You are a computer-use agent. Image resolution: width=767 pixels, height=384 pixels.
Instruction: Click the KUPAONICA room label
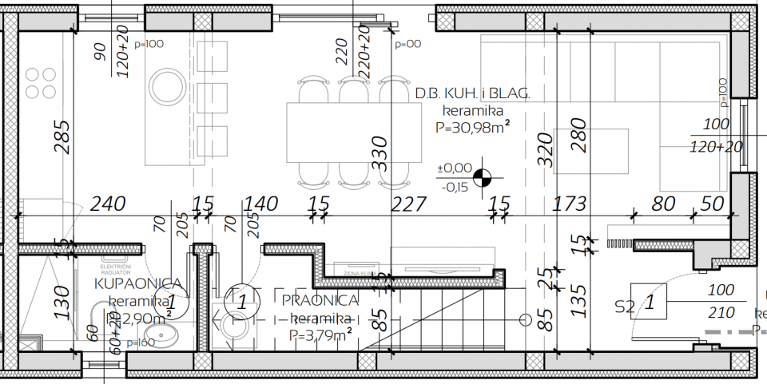click(x=142, y=283)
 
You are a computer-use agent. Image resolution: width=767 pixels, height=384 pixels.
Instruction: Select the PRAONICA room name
click(x=320, y=300)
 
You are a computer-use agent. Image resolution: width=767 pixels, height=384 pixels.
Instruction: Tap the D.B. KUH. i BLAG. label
click(x=472, y=94)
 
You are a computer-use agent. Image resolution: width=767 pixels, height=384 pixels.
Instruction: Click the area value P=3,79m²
click(x=322, y=335)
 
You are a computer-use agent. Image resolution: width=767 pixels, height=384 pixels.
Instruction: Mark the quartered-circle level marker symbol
click(x=483, y=177)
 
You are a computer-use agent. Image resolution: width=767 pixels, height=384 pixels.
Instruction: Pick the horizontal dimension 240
click(x=108, y=204)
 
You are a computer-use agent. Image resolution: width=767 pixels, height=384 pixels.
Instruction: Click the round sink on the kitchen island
click(x=168, y=83)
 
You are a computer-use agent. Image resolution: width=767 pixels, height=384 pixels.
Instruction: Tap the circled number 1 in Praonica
click(x=240, y=302)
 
